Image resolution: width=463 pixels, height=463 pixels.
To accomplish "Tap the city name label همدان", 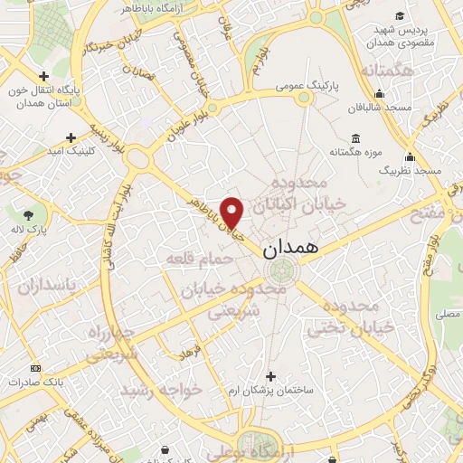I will pyautogui.click(x=291, y=250).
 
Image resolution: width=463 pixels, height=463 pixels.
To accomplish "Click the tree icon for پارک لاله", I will pyautogui.click(x=29, y=214).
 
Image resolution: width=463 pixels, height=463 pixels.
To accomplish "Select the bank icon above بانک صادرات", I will pyautogui.click(x=35, y=368).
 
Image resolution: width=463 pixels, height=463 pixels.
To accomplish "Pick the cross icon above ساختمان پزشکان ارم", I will pyautogui.click(x=269, y=375).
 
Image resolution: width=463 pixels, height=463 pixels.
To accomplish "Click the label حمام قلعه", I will pyautogui.click(x=199, y=259).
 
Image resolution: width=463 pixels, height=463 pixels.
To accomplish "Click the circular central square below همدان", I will pyautogui.click(x=285, y=269).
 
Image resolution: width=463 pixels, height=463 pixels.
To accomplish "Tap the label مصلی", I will pyautogui.click(x=447, y=315).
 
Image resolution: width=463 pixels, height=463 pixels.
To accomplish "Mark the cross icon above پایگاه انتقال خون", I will pyautogui.click(x=44, y=77).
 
